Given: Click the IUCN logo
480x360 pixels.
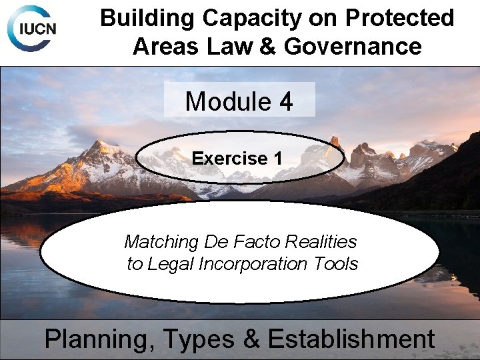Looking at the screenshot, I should [x=32, y=29].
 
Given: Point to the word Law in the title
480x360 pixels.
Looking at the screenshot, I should [x=225, y=47].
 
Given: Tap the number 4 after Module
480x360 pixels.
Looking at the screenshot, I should [x=286, y=101].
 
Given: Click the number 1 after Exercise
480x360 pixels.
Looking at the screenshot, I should [x=277, y=159].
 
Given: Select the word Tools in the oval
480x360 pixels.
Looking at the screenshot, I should [x=338, y=264].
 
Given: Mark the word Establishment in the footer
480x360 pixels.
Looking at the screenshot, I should [x=351, y=339].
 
